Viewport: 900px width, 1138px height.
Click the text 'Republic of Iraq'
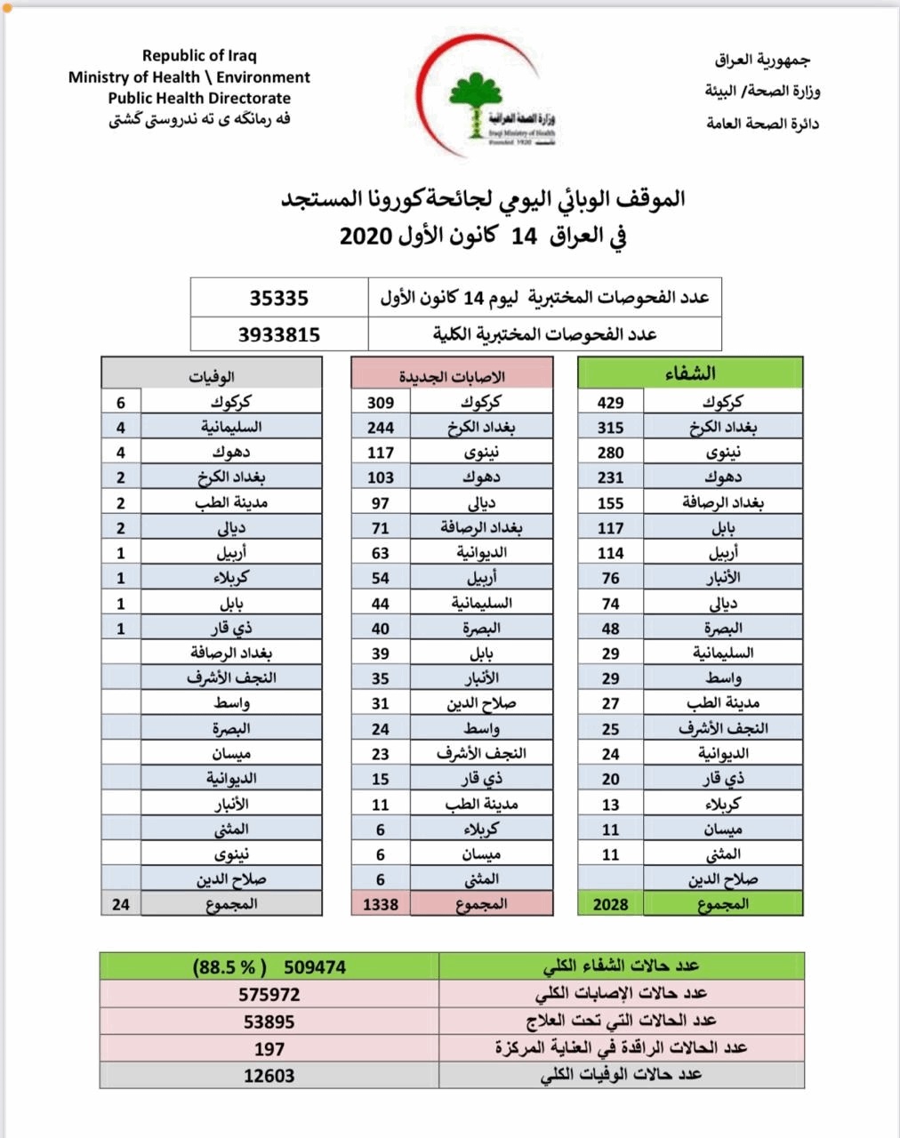[199, 55]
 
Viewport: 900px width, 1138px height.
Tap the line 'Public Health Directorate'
[199, 98]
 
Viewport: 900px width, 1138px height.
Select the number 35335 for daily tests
[278, 298]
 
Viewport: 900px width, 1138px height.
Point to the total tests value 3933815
[278, 334]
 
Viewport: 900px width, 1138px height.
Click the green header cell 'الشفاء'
[690, 373]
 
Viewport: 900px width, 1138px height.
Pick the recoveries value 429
[610, 403]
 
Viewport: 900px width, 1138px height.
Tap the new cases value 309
[381, 403]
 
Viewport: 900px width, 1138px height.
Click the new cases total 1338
[381, 904]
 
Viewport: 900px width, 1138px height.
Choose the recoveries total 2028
[610, 904]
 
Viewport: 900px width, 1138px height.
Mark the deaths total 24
[121, 904]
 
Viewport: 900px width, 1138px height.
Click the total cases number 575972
[269, 994]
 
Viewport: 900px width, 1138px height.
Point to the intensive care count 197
[269, 1048]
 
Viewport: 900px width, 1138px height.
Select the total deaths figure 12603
[269, 1076]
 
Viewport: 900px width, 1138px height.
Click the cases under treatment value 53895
[269, 1022]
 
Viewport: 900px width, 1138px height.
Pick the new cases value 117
[381, 453]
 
